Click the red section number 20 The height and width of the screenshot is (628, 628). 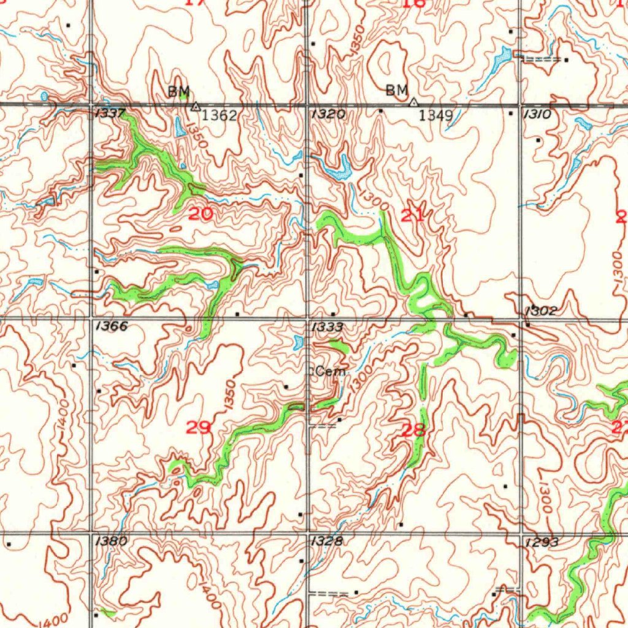click(202, 214)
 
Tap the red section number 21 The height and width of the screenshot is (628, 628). click(412, 215)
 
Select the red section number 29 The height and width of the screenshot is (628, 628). click(198, 427)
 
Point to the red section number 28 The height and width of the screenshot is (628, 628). click(413, 430)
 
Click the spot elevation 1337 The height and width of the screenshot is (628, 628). click(110, 113)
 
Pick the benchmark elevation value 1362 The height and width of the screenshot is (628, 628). click(220, 115)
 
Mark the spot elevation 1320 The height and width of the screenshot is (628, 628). click(328, 114)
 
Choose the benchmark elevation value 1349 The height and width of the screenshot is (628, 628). click(435, 115)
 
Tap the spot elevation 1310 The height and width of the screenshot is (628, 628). click(537, 114)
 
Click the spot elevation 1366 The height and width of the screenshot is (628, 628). click(112, 326)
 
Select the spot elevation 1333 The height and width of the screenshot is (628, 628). click(327, 327)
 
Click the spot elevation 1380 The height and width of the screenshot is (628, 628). click(112, 541)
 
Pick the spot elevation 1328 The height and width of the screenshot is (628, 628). click(327, 541)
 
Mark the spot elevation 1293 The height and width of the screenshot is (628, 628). click(542, 542)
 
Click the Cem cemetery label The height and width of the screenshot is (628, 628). click(331, 372)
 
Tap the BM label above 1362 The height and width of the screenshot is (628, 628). click(179, 92)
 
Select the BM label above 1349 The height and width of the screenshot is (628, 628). click(397, 91)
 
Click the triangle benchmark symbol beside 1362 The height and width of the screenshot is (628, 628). click(196, 107)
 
